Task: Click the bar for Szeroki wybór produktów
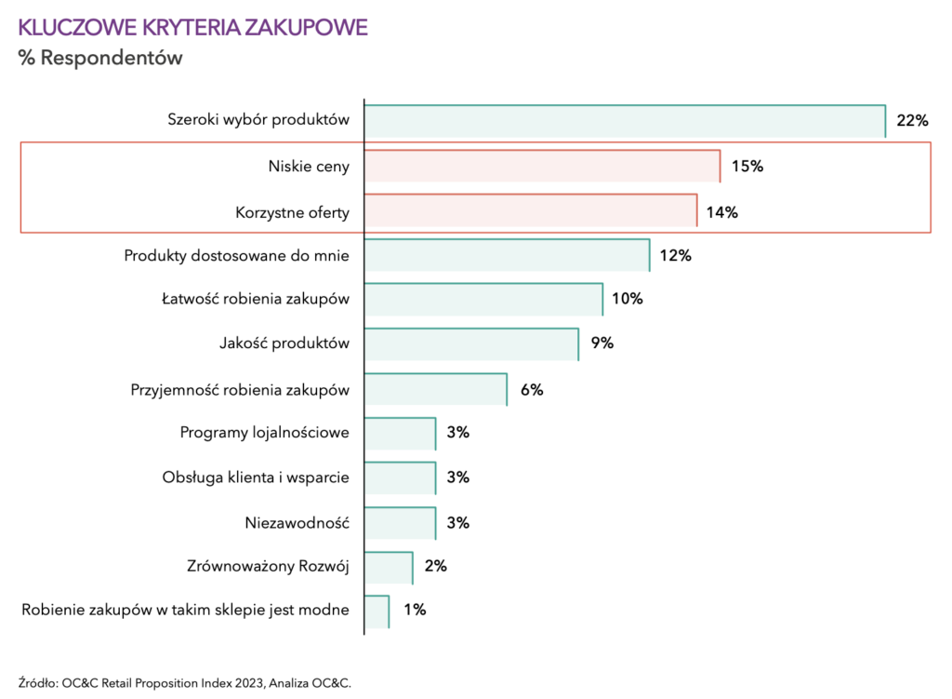coord(624,121)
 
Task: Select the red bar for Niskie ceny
coord(542,166)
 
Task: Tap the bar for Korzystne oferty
coord(530,211)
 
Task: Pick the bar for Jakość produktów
coord(471,343)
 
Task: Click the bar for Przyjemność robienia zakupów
coord(435,389)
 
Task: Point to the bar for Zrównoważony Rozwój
coord(389,567)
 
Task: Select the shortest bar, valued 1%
coord(377,612)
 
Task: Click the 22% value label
coord(913,121)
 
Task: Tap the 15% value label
coord(747,167)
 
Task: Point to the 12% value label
coord(676,256)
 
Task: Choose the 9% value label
coord(602,343)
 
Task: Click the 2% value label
coord(435,566)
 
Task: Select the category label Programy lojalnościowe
coord(264,433)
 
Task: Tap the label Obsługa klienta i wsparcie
coord(256,477)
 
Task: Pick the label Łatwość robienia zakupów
coord(255,299)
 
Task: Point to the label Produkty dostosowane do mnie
coord(237,256)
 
